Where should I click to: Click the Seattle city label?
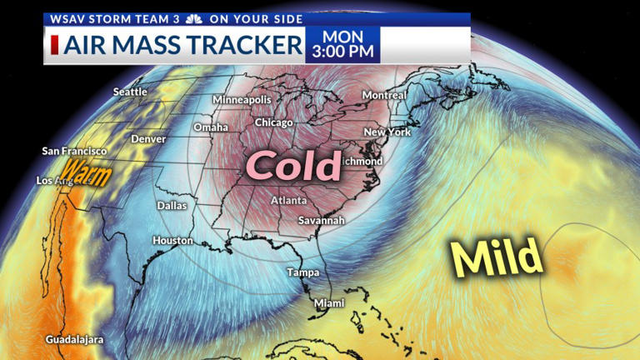pos(130,92)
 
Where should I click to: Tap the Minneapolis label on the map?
pos(242,100)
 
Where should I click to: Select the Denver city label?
pos(148,138)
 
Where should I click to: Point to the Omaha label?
pos(210,127)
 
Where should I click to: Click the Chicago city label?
pos(274,122)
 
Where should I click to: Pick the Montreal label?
pos(384,95)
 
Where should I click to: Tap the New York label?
pos(387,132)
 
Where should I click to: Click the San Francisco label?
pos(74,151)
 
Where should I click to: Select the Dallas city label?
pos(172,205)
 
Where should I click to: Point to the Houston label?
pos(172,240)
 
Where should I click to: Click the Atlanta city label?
pos(288,201)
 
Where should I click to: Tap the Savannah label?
pos(321,220)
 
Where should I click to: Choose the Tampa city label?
pos(302,272)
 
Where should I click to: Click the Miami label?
pos(328,303)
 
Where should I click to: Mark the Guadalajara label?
pos(75,340)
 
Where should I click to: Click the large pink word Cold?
pos(296,167)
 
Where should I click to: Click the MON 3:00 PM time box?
pos(342,45)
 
